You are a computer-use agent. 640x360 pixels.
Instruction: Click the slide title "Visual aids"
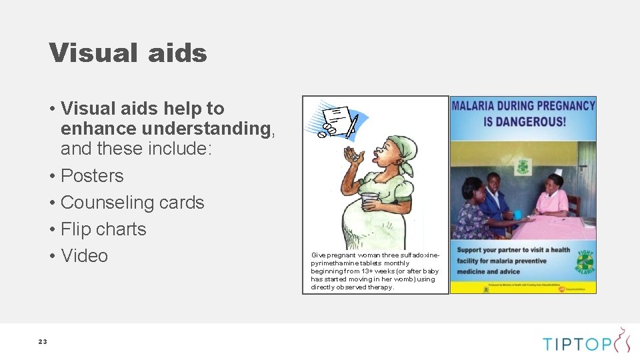128,53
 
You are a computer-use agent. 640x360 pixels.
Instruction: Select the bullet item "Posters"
92,176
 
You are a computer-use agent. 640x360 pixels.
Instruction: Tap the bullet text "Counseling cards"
132,203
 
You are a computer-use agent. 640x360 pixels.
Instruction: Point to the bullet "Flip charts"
103,229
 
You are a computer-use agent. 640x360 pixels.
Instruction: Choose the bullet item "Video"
84,256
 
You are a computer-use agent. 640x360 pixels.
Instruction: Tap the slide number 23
43,341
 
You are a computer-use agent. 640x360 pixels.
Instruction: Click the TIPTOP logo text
576,343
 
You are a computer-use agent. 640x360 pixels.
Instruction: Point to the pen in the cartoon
351,126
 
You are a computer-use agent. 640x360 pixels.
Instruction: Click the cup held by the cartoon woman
369,201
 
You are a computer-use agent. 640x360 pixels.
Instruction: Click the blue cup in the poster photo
517,214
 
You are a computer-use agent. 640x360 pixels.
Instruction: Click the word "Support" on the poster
469,251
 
